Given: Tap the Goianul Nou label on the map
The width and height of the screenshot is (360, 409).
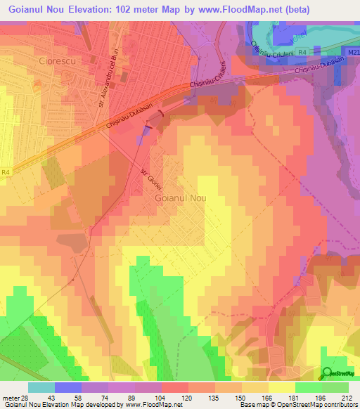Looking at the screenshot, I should pyautogui.click(x=180, y=199).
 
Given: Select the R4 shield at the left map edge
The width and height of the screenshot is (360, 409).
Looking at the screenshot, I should pyautogui.click(x=6, y=171).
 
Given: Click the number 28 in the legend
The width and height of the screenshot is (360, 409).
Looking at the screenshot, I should pyautogui.click(x=25, y=398).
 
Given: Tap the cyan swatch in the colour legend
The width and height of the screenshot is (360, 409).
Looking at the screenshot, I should pyautogui.click(x=41, y=387).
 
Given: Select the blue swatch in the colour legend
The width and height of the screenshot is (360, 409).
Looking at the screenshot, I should pyautogui.click(x=68, y=387).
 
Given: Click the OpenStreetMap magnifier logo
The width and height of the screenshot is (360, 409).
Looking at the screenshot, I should pyautogui.click(x=328, y=373).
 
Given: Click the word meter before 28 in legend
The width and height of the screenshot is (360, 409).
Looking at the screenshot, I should pyautogui.click(x=10, y=398).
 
